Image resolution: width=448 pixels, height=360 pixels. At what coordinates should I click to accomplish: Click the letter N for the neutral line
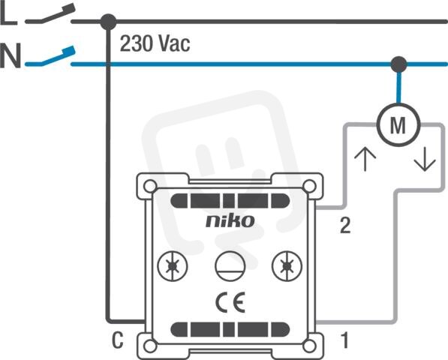click(11, 55)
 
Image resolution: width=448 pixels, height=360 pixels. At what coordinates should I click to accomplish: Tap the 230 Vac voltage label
click(155, 43)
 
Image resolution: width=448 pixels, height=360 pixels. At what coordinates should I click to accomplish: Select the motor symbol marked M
click(398, 125)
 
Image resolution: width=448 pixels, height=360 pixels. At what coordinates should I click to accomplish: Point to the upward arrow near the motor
click(365, 159)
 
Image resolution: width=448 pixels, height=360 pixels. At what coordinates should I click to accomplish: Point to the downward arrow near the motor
click(425, 159)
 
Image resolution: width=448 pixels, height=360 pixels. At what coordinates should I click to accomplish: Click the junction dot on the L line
click(108, 22)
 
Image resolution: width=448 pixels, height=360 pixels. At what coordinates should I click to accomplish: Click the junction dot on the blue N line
click(398, 64)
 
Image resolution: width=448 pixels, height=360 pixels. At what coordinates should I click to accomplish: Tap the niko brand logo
click(230, 221)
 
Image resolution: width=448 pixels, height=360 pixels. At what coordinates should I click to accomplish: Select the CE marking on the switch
click(230, 302)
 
